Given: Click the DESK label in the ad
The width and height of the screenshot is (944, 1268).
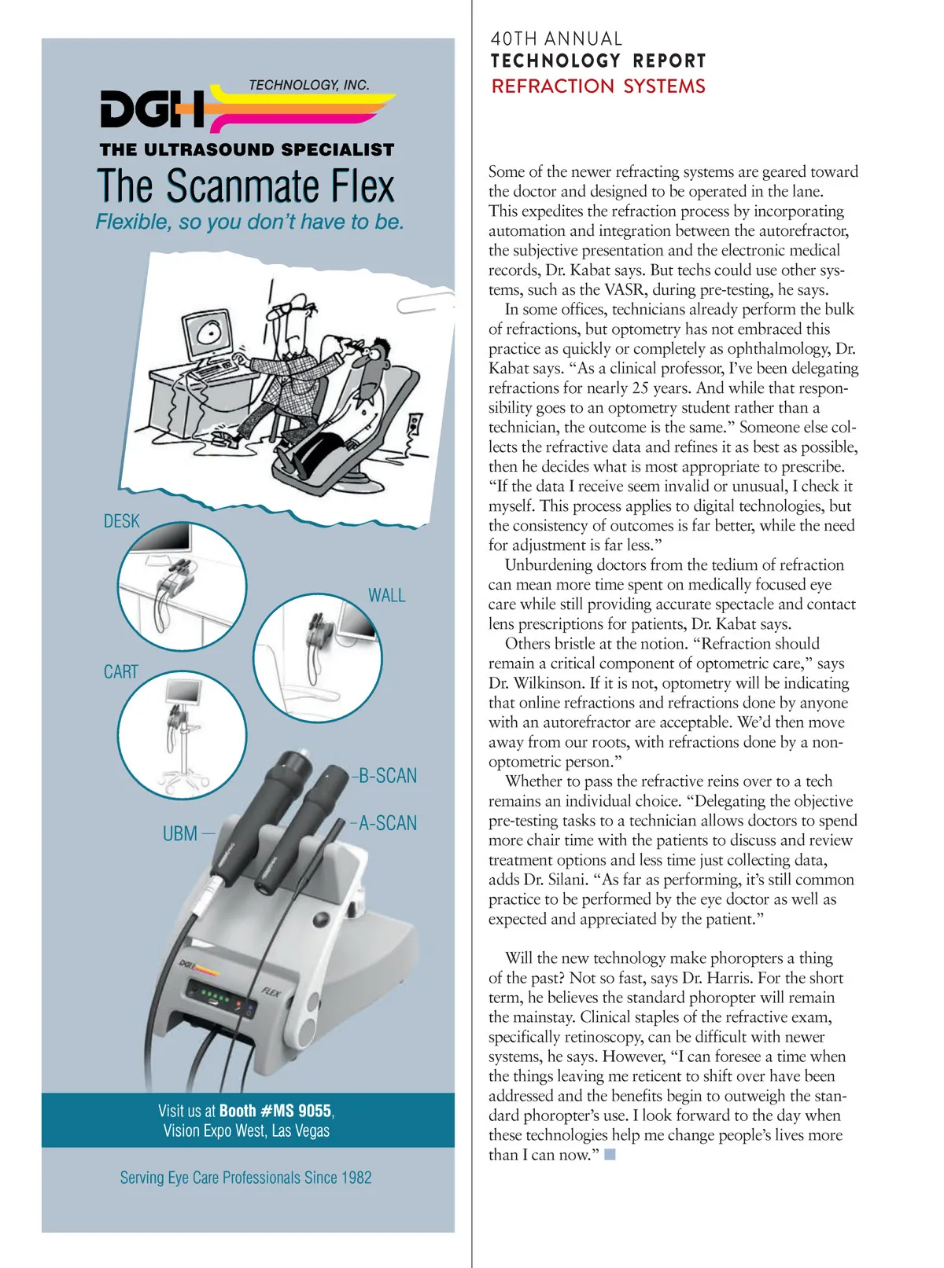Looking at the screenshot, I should (121, 521).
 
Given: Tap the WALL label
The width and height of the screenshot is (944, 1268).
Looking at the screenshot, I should (386, 596).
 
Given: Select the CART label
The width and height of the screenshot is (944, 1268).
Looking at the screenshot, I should (120, 672).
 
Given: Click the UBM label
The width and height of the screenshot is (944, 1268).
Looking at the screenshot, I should (180, 833).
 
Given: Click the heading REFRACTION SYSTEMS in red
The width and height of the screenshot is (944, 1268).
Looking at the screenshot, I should (598, 86).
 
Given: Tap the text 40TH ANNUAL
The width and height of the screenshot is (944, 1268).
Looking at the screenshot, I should (556, 39).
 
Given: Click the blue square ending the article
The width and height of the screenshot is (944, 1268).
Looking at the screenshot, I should (610, 1155).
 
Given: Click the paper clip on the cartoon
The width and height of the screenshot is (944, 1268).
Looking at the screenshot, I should (425, 302).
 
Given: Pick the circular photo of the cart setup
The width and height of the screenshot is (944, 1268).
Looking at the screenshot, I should (182, 735).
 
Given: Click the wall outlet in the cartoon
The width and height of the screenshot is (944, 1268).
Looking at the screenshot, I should (415, 425).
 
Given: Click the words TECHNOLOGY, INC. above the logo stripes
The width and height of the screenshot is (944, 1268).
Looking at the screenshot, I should (308, 85).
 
